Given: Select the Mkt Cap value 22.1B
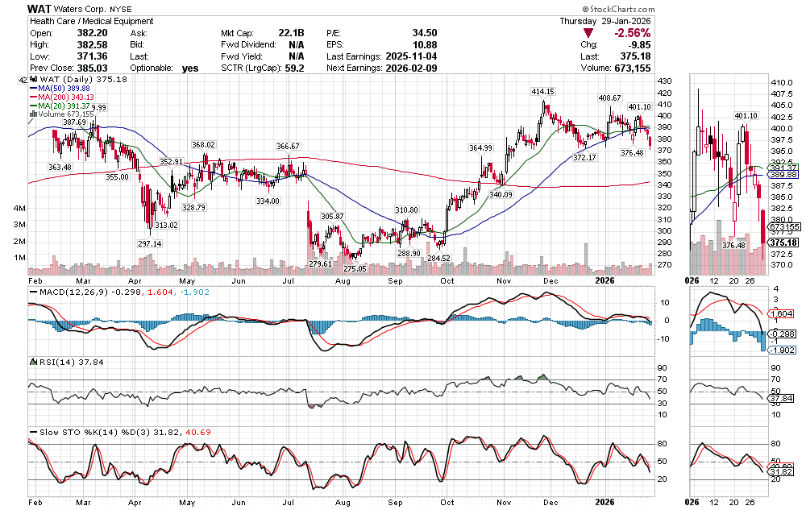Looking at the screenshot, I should [x=290, y=33].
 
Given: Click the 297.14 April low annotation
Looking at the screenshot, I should [x=149, y=243].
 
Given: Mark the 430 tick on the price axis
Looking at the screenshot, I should [x=666, y=82].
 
